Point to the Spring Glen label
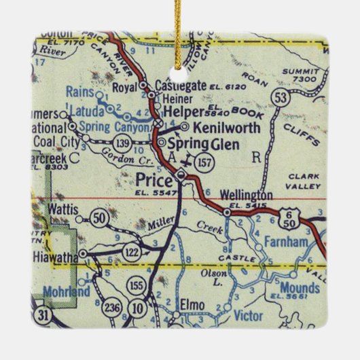[x=203, y=144]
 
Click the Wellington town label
[x=247, y=195]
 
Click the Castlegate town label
[x=181, y=86]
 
